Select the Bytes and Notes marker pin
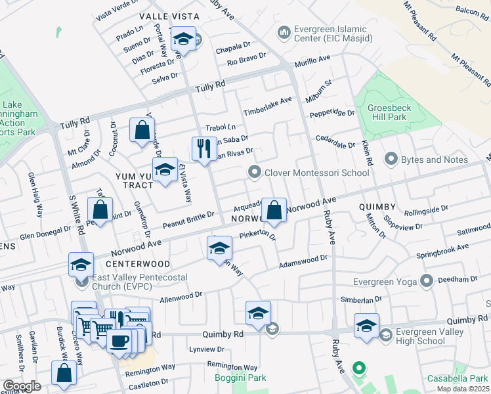[391, 159]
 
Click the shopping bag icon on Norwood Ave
[275, 211]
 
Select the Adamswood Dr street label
[303, 261]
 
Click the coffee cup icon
[119, 342]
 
